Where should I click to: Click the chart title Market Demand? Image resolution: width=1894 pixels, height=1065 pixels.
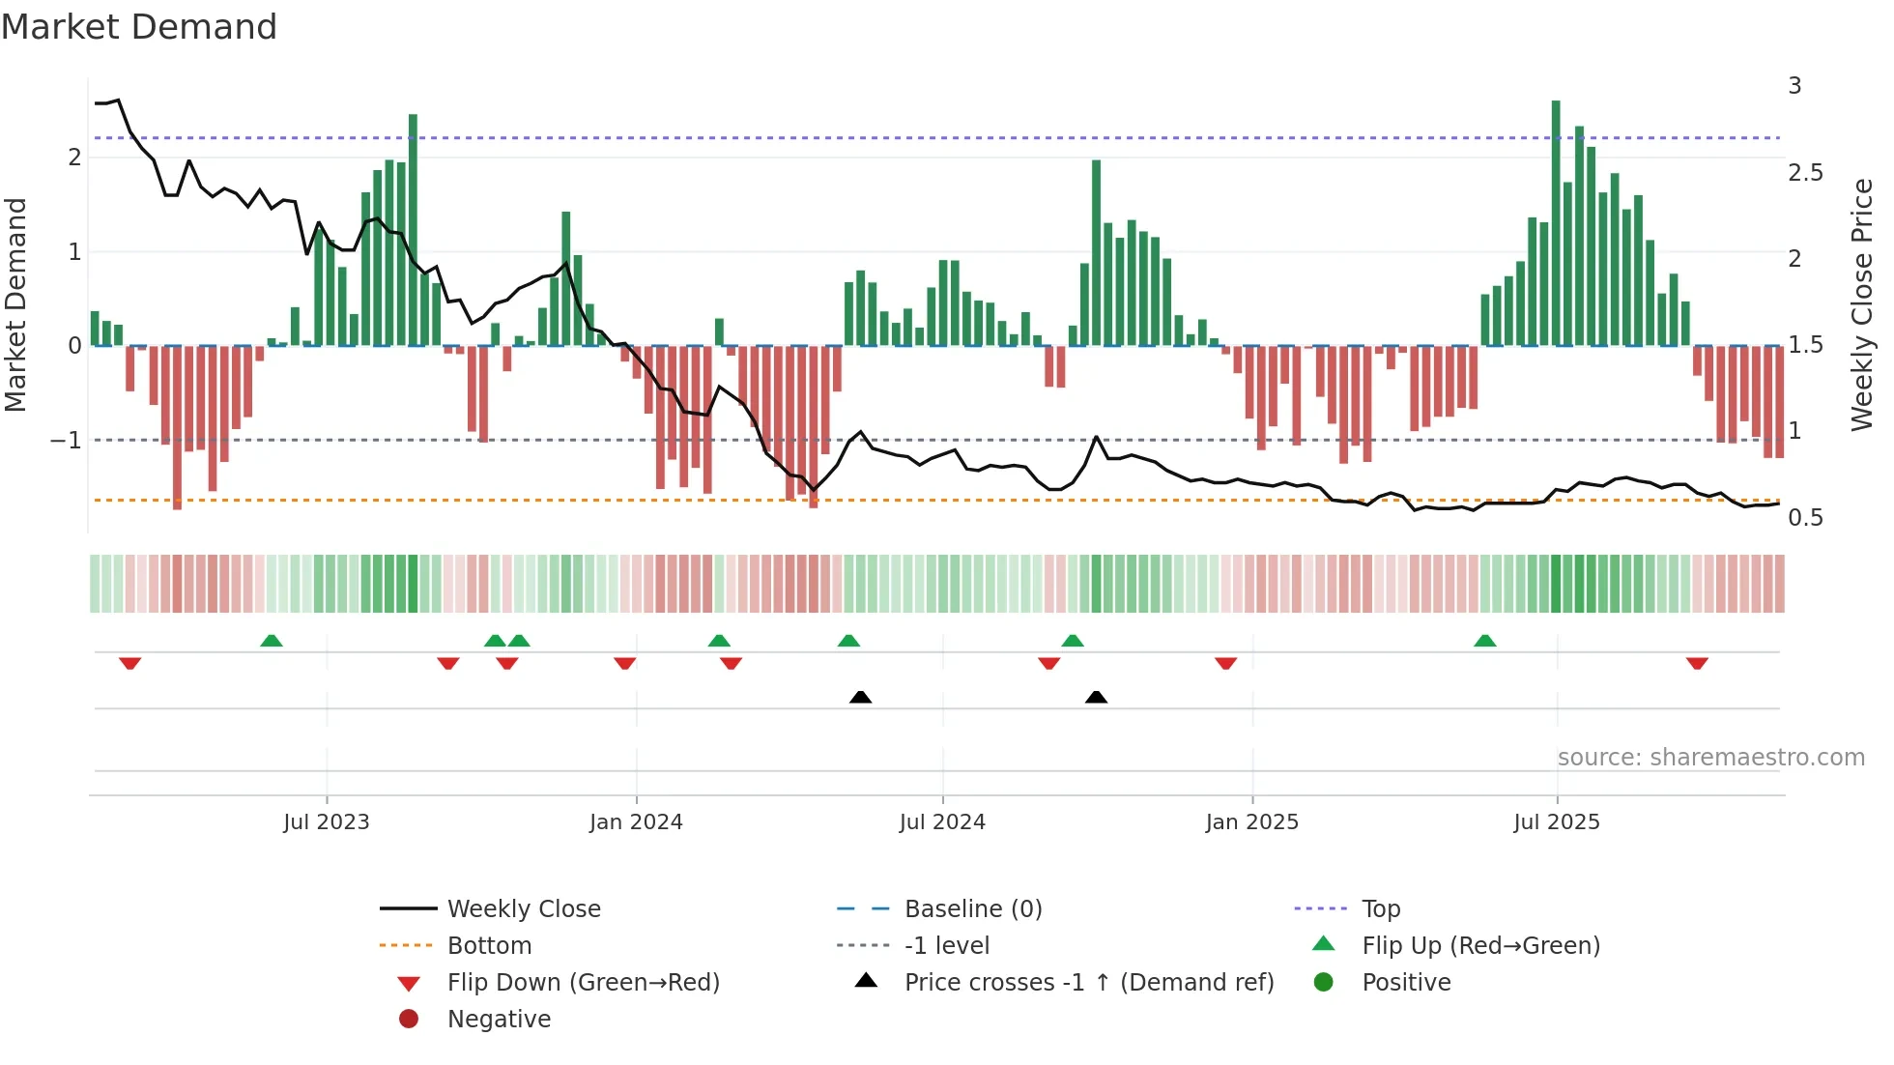click(x=139, y=27)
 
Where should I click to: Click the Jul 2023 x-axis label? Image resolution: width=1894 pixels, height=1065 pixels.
click(x=327, y=822)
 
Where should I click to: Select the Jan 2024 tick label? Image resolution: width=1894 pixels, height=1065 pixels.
click(x=636, y=822)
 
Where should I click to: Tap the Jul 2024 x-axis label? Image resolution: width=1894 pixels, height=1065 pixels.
click(x=942, y=822)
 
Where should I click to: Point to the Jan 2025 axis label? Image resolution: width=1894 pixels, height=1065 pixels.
click(x=1252, y=822)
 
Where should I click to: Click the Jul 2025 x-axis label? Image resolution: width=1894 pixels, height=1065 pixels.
click(x=1557, y=822)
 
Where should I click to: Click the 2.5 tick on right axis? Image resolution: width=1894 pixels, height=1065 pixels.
click(x=1805, y=173)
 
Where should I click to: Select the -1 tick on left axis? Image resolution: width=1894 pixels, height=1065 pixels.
click(x=67, y=441)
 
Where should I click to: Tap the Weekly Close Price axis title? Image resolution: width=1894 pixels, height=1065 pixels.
click(x=1861, y=304)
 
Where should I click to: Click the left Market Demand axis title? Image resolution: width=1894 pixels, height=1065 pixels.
click(x=16, y=304)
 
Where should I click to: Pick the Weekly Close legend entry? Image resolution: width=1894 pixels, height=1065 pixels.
click(x=524, y=909)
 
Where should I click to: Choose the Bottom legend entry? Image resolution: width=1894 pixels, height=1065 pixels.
click(x=489, y=946)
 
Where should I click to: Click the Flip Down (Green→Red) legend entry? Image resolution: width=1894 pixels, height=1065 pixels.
click(x=583, y=983)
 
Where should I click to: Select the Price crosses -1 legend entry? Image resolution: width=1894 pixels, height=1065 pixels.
click(x=1088, y=983)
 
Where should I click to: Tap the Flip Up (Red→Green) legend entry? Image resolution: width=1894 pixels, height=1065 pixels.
click(x=1480, y=946)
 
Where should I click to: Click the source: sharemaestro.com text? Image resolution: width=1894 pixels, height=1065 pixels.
click(x=1710, y=758)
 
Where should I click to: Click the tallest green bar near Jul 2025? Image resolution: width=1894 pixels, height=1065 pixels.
click(x=1556, y=222)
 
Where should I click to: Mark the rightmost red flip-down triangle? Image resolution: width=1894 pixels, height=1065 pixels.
click(x=1697, y=663)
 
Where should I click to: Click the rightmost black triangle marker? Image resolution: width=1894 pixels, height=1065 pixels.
click(x=1096, y=697)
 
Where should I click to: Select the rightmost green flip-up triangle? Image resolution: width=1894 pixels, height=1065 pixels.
click(x=1485, y=641)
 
